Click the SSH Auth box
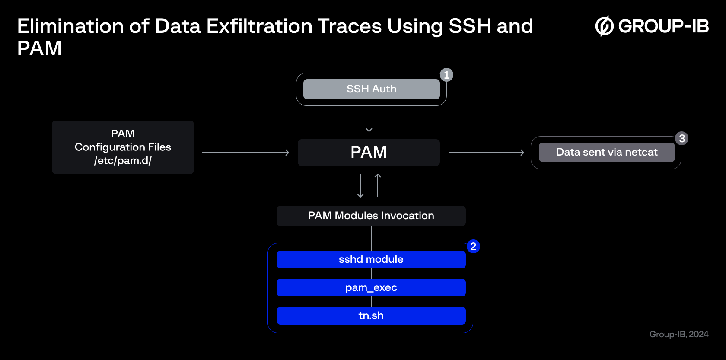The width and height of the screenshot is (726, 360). (372, 89)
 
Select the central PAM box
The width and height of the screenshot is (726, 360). (369, 152)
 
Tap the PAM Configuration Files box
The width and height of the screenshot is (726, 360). (123, 147)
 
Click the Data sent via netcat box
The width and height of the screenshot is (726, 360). (607, 152)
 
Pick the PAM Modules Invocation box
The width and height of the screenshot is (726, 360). (371, 216)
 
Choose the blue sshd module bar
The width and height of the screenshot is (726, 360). (371, 260)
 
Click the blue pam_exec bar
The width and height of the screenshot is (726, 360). (371, 288)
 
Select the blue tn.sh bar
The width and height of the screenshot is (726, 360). (371, 315)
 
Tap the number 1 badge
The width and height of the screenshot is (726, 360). (447, 75)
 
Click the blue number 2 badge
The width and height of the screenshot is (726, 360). (473, 247)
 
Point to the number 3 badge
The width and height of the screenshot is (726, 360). (681, 138)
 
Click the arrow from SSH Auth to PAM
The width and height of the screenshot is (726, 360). (369, 121)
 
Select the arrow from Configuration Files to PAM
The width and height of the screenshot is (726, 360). (245, 152)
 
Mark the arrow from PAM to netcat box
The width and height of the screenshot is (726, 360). (487, 152)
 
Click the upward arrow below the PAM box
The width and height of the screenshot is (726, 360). (378, 185)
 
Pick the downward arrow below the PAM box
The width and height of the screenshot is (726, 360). (360, 186)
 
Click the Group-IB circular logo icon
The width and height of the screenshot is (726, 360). (604, 26)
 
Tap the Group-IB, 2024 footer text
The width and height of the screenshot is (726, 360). (678, 334)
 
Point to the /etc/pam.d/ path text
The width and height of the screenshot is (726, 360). (123, 161)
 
